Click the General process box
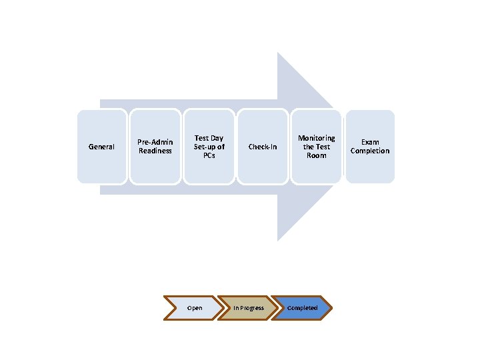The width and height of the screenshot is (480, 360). click(101, 147)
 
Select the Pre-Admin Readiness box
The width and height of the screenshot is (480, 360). click(155, 147)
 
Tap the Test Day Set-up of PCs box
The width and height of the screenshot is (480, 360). click(209, 147)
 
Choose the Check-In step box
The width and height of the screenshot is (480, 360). click(263, 147)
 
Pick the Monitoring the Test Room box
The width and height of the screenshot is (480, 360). click(317, 147)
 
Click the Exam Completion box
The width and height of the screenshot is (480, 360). click(370, 147)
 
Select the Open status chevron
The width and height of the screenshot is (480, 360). click(193, 308)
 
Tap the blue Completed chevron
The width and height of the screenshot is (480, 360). click(302, 308)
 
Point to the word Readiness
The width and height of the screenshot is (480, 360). click(155, 151)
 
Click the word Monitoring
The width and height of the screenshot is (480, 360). click(317, 138)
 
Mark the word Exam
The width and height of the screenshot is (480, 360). click(370, 142)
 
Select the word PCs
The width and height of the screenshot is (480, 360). click(209, 155)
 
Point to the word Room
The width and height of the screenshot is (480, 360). click(317, 155)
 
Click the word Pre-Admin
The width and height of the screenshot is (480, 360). click(155, 142)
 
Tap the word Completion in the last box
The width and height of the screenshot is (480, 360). click(370, 151)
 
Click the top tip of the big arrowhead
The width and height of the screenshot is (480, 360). click(279, 53)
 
